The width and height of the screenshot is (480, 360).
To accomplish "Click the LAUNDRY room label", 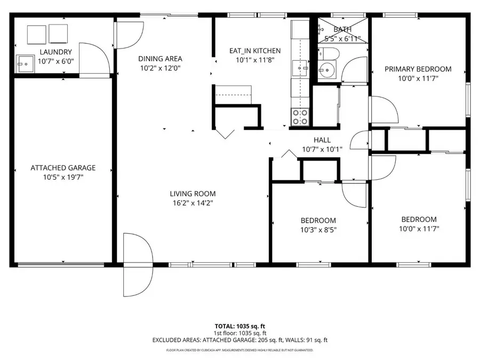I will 55,52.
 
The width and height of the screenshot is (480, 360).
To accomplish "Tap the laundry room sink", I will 24,63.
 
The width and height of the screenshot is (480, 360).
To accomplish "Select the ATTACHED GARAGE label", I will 63,167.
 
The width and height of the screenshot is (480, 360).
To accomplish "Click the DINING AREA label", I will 160,59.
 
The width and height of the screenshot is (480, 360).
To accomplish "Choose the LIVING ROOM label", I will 193,194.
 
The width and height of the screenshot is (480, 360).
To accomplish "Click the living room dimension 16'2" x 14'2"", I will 193,203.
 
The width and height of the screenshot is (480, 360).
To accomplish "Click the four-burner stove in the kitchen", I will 300,117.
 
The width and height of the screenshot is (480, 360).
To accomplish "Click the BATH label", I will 342,29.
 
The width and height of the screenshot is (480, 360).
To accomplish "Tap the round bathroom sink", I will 326,69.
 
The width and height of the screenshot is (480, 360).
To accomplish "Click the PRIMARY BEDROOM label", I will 418,69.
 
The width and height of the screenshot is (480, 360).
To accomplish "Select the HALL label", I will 322,140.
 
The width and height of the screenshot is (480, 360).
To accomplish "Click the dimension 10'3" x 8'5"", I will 318,230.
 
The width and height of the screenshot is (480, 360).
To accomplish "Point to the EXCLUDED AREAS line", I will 239,340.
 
